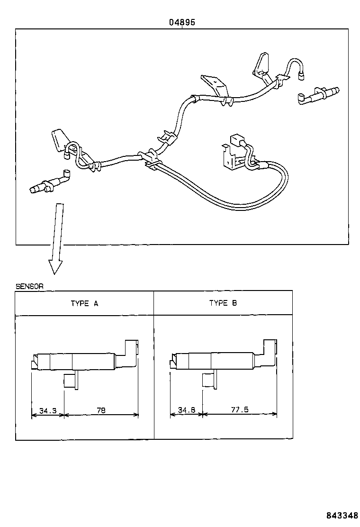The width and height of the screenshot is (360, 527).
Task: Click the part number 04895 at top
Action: click(182, 22)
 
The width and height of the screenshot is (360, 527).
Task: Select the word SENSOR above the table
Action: click(29, 286)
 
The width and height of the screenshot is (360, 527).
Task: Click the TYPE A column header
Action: click(84, 303)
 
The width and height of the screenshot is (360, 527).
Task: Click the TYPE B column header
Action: click(223, 303)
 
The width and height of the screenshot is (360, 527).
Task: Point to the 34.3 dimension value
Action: click(48, 410)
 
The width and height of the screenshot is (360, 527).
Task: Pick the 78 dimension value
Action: click(101, 410)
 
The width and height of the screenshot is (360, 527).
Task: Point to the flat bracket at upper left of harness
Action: click(58, 140)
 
